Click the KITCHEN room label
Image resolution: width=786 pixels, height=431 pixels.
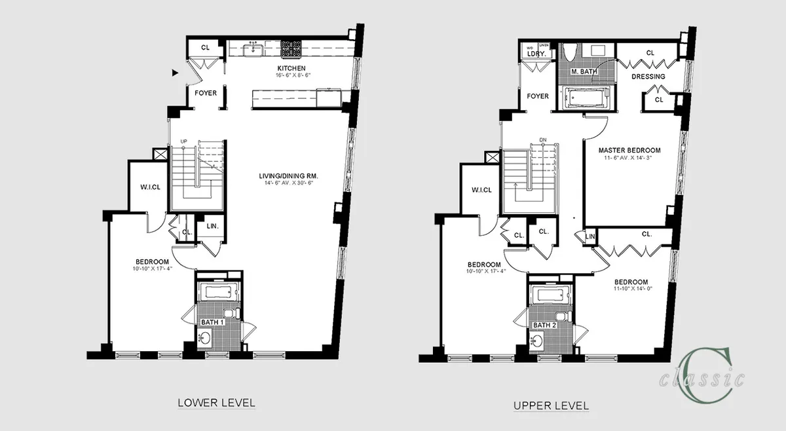pyautogui.click(x=291, y=69)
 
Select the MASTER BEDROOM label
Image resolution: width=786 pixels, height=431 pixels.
pyautogui.click(x=629, y=150)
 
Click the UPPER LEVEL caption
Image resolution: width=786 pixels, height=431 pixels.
pyautogui.click(x=551, y=405)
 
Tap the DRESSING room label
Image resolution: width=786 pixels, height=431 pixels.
pyautogui.click(x=648, y=77)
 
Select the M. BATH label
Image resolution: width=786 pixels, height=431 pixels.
pyautogui.click(x=582, y=71)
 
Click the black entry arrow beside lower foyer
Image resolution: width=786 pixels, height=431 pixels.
pyautogui.click(x=175, y=73)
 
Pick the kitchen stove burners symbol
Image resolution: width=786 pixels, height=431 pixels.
pyautogui.click(x=291, y=47)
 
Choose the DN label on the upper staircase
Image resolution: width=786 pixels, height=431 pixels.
pyautogui.click(x=542, y=140)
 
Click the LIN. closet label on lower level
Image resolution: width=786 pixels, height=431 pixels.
pyautogui.click(x=213, y=227)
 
